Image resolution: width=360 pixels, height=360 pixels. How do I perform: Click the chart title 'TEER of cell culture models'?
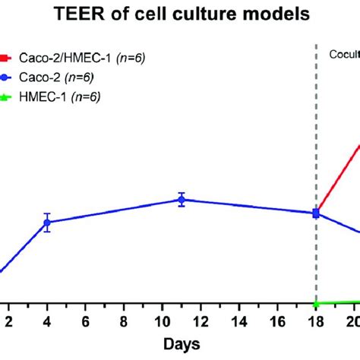(x=180, y=14)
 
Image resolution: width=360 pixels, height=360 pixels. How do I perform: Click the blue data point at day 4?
(x=47, y=223)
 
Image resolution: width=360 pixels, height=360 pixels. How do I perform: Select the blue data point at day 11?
(x=181, y=200)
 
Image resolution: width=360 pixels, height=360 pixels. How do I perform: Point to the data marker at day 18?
(x=316, y=213)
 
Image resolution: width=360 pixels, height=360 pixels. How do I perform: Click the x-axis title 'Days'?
(x=181, y=344)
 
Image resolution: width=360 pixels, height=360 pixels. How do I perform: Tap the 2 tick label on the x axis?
(x=8, y=321)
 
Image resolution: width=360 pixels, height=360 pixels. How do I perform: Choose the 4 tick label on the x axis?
(x=47, y=321)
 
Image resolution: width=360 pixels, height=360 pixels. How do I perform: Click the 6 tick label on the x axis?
(x=85, y=321)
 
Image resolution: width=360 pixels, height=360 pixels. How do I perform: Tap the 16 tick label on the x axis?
(x=277, y=321)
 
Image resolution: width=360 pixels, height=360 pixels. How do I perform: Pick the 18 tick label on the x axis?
(x=316, y=321)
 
